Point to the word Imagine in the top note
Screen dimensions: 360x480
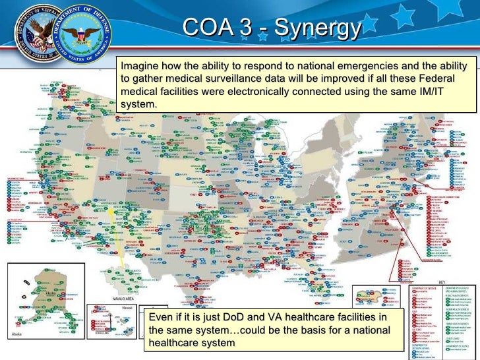[140, 67]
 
